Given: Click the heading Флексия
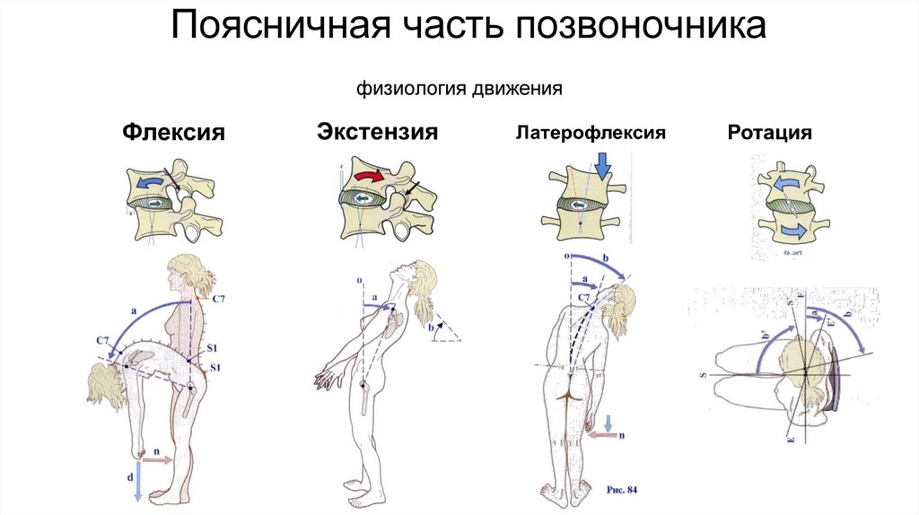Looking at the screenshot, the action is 173,133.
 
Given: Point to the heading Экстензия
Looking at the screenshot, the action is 377,133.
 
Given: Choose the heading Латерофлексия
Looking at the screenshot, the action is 590,133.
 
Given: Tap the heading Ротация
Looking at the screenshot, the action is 770,133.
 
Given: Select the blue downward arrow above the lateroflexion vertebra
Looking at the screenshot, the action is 602,165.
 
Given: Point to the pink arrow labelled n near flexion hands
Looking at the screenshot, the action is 157,458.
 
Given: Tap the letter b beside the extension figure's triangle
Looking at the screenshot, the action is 433,330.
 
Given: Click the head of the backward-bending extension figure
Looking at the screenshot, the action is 419,272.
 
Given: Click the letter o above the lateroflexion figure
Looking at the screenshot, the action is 567,256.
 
